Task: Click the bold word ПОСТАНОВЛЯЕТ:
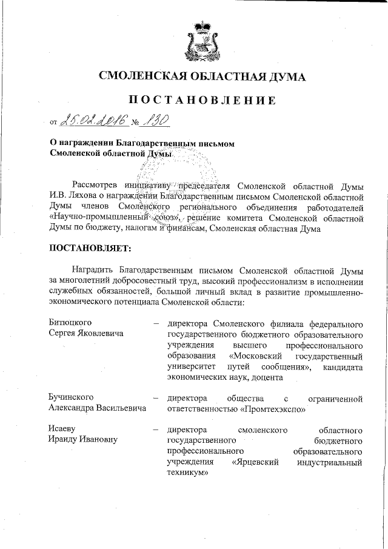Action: point(89,248)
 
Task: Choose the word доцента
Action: point(263,377)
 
